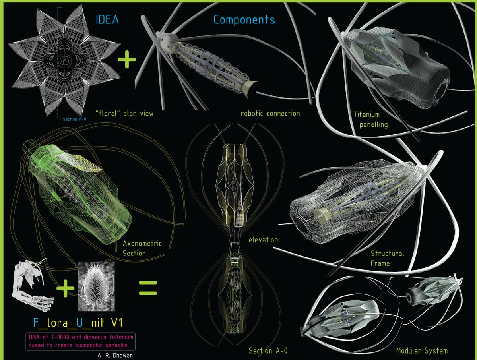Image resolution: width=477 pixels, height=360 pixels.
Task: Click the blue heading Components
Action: click(x=244, y=19)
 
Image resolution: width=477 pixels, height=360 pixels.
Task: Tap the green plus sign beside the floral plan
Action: click(x=127, y=60)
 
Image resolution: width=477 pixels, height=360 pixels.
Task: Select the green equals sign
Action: click(x=147, y=288)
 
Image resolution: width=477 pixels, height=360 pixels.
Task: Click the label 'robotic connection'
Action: click(x=270, y=114)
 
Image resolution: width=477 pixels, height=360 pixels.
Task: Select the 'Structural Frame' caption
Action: click(x=387, y=258)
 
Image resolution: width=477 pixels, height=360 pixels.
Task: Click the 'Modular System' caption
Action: click(x=422, y=350)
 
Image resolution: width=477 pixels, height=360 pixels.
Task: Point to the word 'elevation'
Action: click(x=263, y=240)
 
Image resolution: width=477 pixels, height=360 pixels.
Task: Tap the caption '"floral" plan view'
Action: click(x=124, y=114)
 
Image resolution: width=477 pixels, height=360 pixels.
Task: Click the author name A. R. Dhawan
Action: click(x=115, y=355)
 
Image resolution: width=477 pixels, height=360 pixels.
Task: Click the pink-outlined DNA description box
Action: click(x=81, y=341)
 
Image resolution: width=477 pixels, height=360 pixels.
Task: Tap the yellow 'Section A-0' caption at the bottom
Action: click(x=268, y=350)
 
